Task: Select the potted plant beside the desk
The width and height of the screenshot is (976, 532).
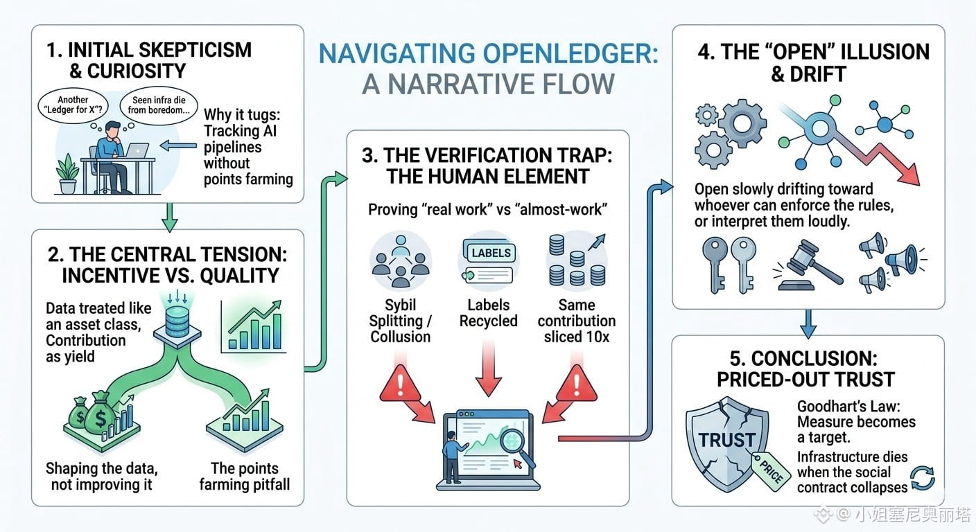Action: (x=67, y=174)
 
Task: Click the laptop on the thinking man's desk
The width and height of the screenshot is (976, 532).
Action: (x=137, y=150)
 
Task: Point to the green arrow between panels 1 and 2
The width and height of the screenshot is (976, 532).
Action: (x=170, y=217)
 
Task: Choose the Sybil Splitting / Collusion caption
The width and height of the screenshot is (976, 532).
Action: (x=401, y=321)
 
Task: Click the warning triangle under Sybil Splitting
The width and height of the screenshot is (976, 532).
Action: (x=400, y=384)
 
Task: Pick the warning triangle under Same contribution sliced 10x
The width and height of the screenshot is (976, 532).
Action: (x=577, y=384)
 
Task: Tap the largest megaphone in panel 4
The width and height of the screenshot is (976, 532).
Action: (x=901, y=260)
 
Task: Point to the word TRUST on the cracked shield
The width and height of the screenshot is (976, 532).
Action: (x=726, y=440)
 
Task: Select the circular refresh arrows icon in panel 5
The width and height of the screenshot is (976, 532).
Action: (x=923, y=478)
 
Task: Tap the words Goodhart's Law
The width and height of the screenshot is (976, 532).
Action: (x=848, y=406)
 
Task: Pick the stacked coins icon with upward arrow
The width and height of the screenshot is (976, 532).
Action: (x=577, y=260)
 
